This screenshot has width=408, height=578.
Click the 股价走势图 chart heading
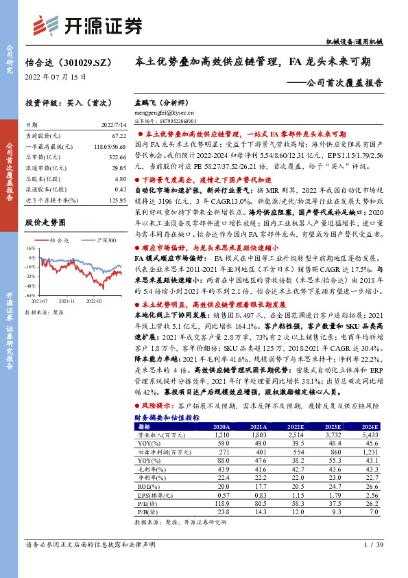pyautogui.click(x=45, y=222)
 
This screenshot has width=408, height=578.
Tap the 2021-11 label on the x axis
pyautogui.click(x=67, y=301)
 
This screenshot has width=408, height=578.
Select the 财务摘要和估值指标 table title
pyautogui.click(x=167, y=417)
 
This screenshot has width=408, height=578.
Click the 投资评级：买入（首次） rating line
pyautogui.click(x=67, y=103)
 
